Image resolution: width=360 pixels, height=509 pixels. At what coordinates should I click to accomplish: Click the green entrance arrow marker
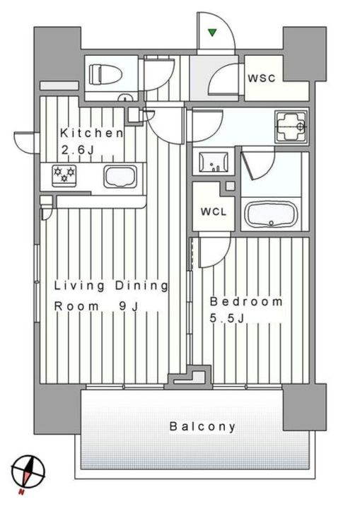click(x=211, y=32)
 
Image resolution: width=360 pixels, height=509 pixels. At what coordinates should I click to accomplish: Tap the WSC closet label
click(x=261, y=78)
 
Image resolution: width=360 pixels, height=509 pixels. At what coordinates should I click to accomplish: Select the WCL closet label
click(x=213, y=211)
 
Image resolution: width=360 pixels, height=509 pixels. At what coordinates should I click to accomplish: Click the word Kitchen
click(x=92, y=133)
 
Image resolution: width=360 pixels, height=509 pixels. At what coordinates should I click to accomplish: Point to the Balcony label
click(x=202, y=426)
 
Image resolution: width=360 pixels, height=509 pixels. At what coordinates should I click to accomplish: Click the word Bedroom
click(x=245, y=302)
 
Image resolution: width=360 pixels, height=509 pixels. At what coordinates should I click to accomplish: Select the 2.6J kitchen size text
click(x=78, y=150)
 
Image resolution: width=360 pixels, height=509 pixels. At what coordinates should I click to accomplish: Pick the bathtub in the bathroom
click(x=272, y=213)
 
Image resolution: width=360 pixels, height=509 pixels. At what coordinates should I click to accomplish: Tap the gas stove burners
click(x=64, y=175)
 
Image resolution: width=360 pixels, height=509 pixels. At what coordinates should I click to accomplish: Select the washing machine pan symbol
click(x=290, y=128)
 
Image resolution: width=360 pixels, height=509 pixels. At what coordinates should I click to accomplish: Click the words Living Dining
click(x=111, y=286)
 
